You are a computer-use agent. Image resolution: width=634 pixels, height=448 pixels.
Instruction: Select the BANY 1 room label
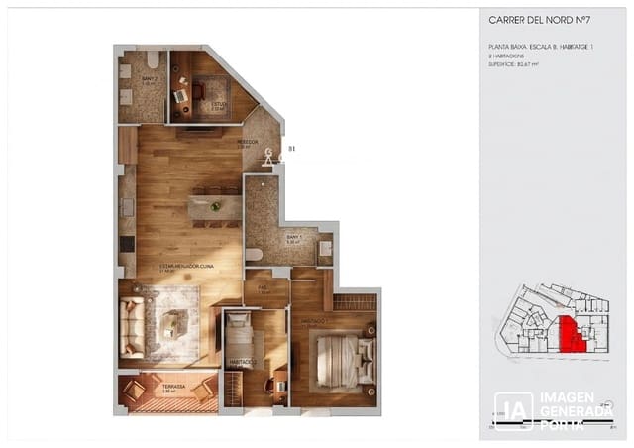294,238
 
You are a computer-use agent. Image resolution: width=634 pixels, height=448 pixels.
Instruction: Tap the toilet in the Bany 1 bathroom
255,255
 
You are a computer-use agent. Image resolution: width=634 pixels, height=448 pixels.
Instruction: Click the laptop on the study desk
181,95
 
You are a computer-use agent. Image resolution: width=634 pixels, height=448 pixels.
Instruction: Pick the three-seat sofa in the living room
132,326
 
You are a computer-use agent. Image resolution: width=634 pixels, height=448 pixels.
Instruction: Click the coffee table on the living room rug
174,323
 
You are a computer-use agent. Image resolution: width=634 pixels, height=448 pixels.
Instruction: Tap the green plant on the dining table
216,206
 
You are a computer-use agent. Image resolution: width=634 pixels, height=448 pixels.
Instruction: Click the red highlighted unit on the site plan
571,334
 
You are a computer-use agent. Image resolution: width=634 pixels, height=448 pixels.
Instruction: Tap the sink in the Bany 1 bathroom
325,249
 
